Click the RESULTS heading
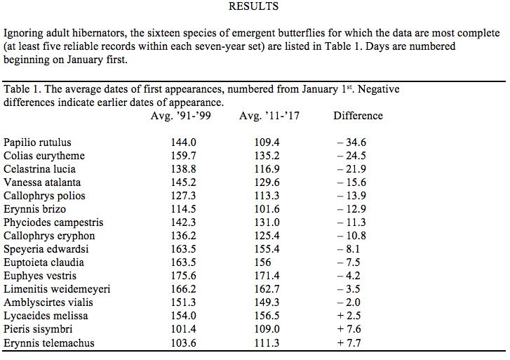(x=253, y=7)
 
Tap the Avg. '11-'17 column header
(x=269, y=116)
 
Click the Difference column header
(x=358, y=116)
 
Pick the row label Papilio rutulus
(x=37, y=142)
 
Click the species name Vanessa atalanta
(x=39, y=182)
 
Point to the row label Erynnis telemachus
(x=48, y=343)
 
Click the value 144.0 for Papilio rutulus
(x=183, y=142)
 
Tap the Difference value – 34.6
(x=351, y=142)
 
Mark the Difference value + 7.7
(x=351, y=343)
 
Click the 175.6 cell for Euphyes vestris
(x=183, y=276)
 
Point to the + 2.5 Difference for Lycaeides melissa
(x=351, y=316)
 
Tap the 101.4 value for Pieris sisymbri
(x=183, y=330)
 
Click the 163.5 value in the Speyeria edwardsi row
(x=183, y=249)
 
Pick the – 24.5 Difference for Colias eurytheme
(x=351, y=156)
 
